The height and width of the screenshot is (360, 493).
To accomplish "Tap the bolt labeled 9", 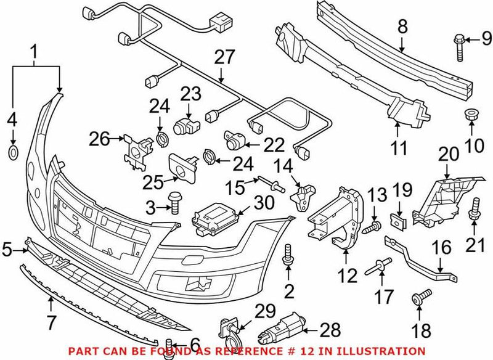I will click(460, 49).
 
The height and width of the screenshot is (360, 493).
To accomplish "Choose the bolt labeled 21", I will click(475, 209).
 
